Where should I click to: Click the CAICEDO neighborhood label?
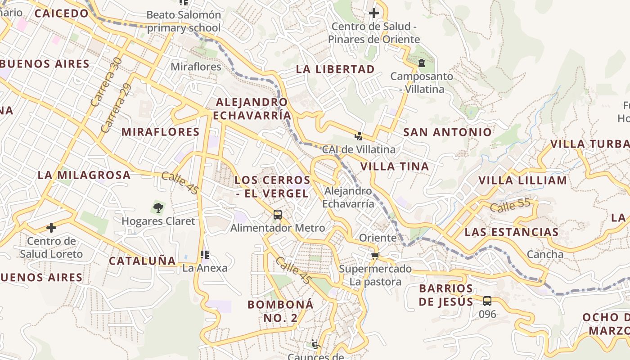point(62,13)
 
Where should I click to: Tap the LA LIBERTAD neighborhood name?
point(335,69)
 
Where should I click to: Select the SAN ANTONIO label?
point(447,132)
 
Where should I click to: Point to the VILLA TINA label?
point(395,166)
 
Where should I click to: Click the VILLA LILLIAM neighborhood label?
point(522,181)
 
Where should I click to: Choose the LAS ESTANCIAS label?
point(512,233)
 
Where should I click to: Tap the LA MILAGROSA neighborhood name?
point(84,175)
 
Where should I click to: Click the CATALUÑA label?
point(142,261)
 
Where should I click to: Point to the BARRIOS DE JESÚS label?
point(446,295)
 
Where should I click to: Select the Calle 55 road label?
point(510,206)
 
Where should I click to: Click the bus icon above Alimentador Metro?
point(278,215)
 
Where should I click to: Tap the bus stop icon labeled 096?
point(487,301)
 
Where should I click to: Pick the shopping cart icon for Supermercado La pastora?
point(374,256)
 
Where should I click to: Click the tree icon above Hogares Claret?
point(158,208)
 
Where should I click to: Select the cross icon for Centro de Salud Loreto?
point(51,228)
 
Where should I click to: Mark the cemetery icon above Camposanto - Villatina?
point(422,63)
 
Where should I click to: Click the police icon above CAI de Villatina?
point(359,136)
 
